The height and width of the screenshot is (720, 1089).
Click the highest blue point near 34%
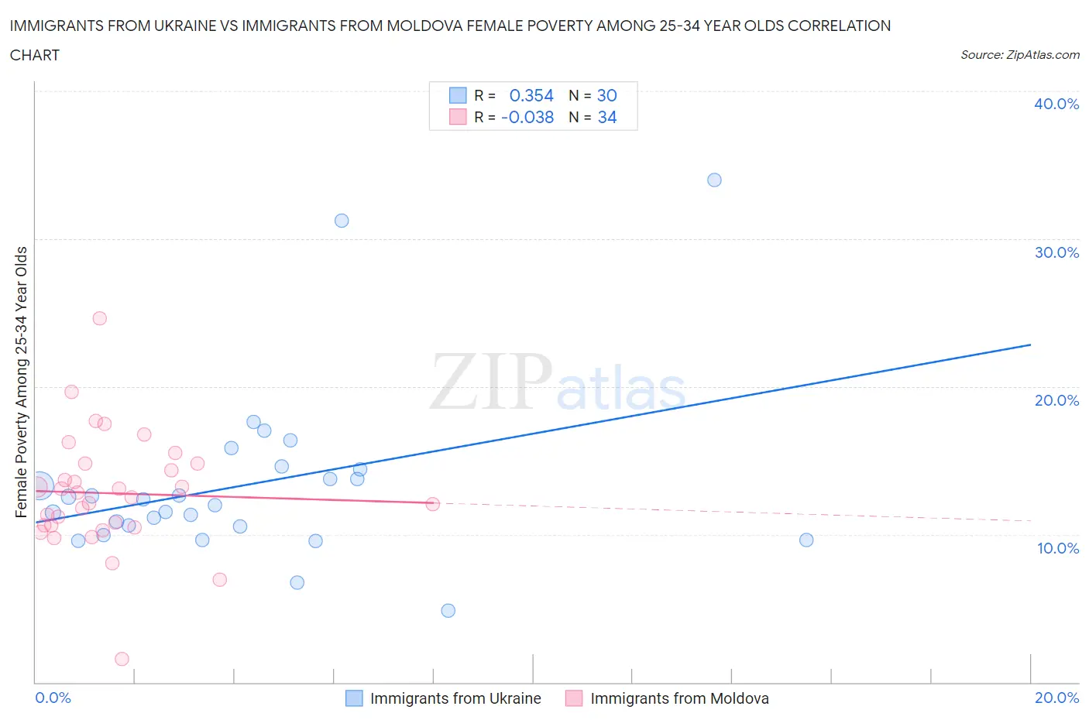[x=714, y=180]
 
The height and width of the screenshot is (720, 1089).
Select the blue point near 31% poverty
[x=342, y=221]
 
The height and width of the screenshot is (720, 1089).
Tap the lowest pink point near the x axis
[x=122, y=659]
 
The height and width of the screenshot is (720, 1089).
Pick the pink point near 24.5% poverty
[x=99, y=318]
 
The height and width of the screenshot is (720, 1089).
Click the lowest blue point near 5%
[x=448, y=611]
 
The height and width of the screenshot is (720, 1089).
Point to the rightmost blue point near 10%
[x=806, y=540]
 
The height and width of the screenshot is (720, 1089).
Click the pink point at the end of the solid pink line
[x=433, y=504]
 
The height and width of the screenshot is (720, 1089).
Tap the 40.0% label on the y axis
[x=1056, y=104]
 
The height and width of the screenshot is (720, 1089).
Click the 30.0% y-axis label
[x=1056, y=252]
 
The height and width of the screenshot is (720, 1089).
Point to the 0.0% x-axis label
[x=53, y=698]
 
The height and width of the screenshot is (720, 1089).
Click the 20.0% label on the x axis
[x=1056, y=698]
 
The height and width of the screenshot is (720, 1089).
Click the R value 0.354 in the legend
[x=531, y=95]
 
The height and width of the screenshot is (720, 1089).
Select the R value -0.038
[x=527, y=117]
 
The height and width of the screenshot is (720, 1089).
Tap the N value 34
[x=607, y=117]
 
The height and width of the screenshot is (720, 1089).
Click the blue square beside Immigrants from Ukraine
[x=354, y=698]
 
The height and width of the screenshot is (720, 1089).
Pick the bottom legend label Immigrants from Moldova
[x=679, y=698]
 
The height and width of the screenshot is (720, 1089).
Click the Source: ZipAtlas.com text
[x=1019, y=54]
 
